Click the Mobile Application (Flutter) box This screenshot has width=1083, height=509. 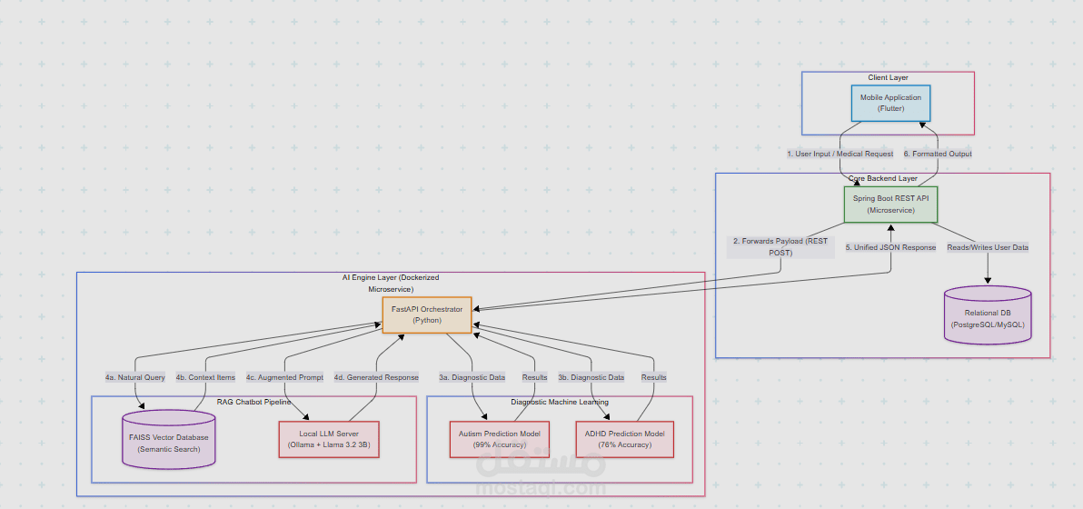coord(890,103)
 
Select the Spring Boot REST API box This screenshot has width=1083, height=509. coord(890,204)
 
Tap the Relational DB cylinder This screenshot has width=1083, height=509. coord(988,317)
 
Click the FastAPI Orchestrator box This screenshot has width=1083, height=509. coord(427,314)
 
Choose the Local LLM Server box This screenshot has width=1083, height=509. coord(329,439)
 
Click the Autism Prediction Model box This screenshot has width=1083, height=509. coord(500,439)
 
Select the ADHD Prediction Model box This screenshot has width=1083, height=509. coord(625,439)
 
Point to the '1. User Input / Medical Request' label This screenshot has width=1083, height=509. coord(840,154)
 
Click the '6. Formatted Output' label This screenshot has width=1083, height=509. coord(938,154)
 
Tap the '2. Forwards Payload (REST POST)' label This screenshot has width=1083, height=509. coord(780,247)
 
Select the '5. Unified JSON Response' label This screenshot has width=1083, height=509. coord(890,247)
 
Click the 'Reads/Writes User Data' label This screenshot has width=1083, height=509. coord(988,247)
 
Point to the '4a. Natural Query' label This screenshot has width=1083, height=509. coord(134,377)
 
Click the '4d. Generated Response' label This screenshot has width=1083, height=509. coord(376,377)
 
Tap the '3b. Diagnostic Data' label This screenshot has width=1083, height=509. coord(591,377)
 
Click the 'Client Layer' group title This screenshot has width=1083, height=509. coord(888,78)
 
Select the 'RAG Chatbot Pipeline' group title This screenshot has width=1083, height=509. coord(253,402)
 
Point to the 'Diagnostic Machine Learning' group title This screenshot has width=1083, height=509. coord(560,402)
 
